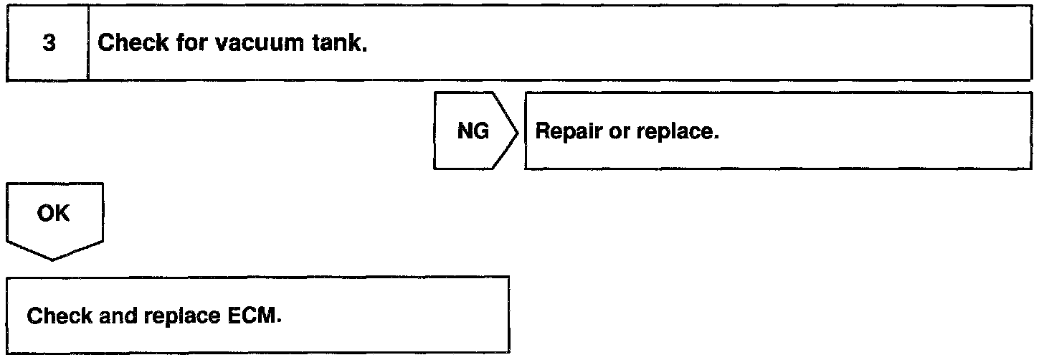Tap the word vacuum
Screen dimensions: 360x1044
[255, 44]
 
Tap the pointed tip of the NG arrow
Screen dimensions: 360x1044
[517, 131]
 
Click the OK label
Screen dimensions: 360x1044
[54, 214]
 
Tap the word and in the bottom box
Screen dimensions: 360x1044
[110, 316]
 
